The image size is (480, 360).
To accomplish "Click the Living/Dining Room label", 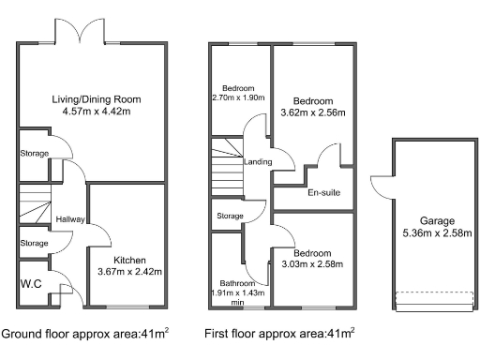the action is click(x=97, y=99).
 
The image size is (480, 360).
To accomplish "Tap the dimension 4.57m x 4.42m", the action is click(x=97, y=112).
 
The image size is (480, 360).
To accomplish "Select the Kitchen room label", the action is click(x=129, y=260).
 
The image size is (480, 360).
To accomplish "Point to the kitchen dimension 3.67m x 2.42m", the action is click(x=129, y=272).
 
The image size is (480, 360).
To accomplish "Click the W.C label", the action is click(x=31, y=284).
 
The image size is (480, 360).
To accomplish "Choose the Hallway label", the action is click(x=70, y=219).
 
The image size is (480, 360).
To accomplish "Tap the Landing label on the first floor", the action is click(x=258, y=162).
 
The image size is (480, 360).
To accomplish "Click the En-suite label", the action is click(x=324, y=192).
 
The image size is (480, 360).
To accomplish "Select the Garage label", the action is click(x=437, y=221).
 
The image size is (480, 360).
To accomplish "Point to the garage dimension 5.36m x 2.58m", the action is click(x=437, y=233).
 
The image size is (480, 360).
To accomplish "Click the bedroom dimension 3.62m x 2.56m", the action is click(x=313, y=112).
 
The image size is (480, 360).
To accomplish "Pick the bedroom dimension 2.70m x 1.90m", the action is click(x=238, y=97).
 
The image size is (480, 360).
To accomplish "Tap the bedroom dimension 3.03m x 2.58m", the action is click(x=312, y=264).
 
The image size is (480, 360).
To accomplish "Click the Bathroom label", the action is click(x=237, y=283).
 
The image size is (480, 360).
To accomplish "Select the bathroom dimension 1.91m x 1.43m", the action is click(x=238, y=293).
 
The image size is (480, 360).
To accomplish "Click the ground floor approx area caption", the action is click(x=85, y=334).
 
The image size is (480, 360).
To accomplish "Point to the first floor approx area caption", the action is click(x=279, y=334).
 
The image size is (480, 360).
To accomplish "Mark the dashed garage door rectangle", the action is click(x=434, y=292).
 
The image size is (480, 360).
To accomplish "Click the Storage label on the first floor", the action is click(x=230, y=216).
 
